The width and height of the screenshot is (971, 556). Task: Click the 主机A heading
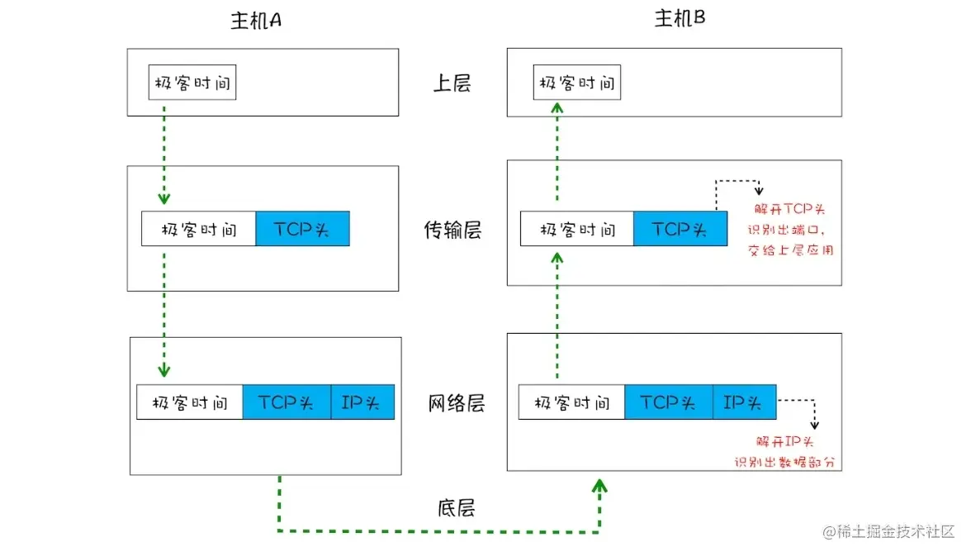pos(255,21)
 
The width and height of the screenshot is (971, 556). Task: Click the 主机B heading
pos(680,18)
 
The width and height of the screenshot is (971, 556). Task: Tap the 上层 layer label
pos(452,83)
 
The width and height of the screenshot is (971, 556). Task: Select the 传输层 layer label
pos(452,230)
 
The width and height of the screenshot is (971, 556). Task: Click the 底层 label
pos(457,507)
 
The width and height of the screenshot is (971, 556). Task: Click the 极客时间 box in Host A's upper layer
pos(192,83)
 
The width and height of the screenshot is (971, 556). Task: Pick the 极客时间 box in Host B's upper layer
pos(576,83)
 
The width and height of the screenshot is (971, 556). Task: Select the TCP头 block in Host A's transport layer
pos(302,229)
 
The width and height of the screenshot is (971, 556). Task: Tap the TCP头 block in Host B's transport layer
pos(680,229)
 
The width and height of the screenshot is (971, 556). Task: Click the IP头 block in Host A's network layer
pos(362,402)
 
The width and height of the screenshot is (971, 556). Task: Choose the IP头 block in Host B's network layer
pos(744,402)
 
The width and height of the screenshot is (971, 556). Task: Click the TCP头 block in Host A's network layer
pos(287,402)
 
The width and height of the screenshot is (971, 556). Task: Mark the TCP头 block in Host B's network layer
pos(669,402)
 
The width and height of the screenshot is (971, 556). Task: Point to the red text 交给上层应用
pos(792,249)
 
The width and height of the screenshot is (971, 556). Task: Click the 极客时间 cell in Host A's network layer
pos(190,402)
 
